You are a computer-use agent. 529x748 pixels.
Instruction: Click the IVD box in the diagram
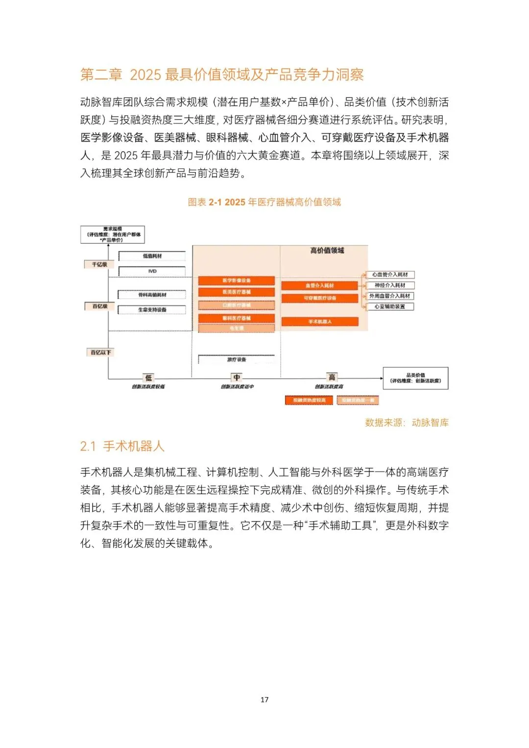click(x=152, y=271)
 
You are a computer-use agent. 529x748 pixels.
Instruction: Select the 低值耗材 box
click(x=152, y=256)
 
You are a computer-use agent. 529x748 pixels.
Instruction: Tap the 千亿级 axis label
click(x=99, y=265)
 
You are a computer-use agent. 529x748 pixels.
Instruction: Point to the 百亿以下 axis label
click(x=100, y=352)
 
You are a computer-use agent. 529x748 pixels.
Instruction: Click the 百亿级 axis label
click(x=99, y=306)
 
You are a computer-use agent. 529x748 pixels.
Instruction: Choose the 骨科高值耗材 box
click(x=152, y=295)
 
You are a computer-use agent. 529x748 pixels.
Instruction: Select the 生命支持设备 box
click(x=152, y=310)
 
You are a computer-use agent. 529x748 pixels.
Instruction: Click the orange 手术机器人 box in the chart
click(x=320, y=322)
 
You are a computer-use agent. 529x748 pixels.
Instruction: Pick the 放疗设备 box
click(x=237, y=360)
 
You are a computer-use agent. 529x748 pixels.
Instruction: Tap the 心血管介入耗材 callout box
click(x=390, y=275)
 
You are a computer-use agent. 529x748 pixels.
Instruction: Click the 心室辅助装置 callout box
click(x=390, y=307)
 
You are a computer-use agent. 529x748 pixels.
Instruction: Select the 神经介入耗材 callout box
click(x=390, y=285)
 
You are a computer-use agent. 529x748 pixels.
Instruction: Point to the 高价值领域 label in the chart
click(x=327, y=250)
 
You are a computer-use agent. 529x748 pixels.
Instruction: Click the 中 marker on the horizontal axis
click(x=237, y=378)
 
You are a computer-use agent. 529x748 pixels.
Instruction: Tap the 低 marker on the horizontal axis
click(x=148, y=378)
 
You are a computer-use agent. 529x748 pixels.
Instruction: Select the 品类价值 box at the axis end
click(x=415, y=378)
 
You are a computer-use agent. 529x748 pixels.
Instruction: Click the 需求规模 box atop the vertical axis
click(x=113, y=235)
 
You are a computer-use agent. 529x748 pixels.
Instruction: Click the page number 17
click(x=264, y=700)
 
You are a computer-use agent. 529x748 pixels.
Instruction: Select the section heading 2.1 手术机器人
click(x=122, y=446)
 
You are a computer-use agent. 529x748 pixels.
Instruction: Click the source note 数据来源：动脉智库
click(x=407, y=423)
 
